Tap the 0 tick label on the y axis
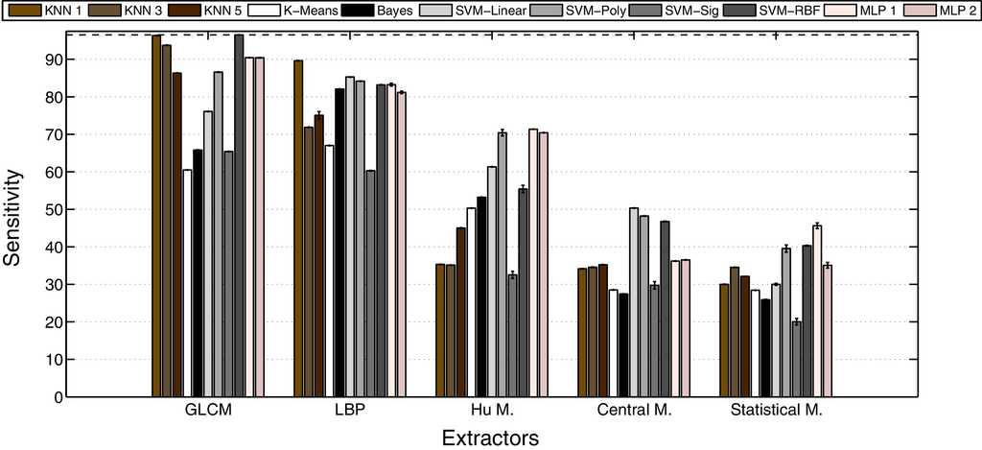tap(59, 397)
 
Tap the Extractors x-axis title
tap(490, 438)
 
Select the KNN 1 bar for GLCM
tap(156, 216)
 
